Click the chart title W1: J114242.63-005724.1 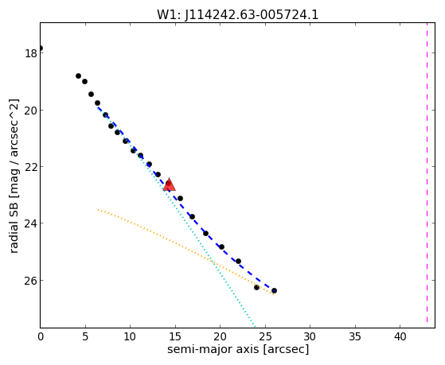pos(238,14)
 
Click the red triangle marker pos(169,184)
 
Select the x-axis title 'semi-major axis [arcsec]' pos(238,349)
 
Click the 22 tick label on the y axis pos(31,166)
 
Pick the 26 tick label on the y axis pos(31,280)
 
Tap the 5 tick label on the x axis pos(85,337)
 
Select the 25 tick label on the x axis pos(265,337)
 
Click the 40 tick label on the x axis pos(400,337)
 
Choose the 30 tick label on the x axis pos(310,337)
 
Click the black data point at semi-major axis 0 pos(41,48)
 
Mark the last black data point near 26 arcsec pos(274,291)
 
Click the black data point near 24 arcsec pos(256,287)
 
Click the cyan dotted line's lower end pos(255,328)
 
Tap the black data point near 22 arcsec pos(238,261)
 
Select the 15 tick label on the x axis pos(175,337)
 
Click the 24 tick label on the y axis pos(31,223)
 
